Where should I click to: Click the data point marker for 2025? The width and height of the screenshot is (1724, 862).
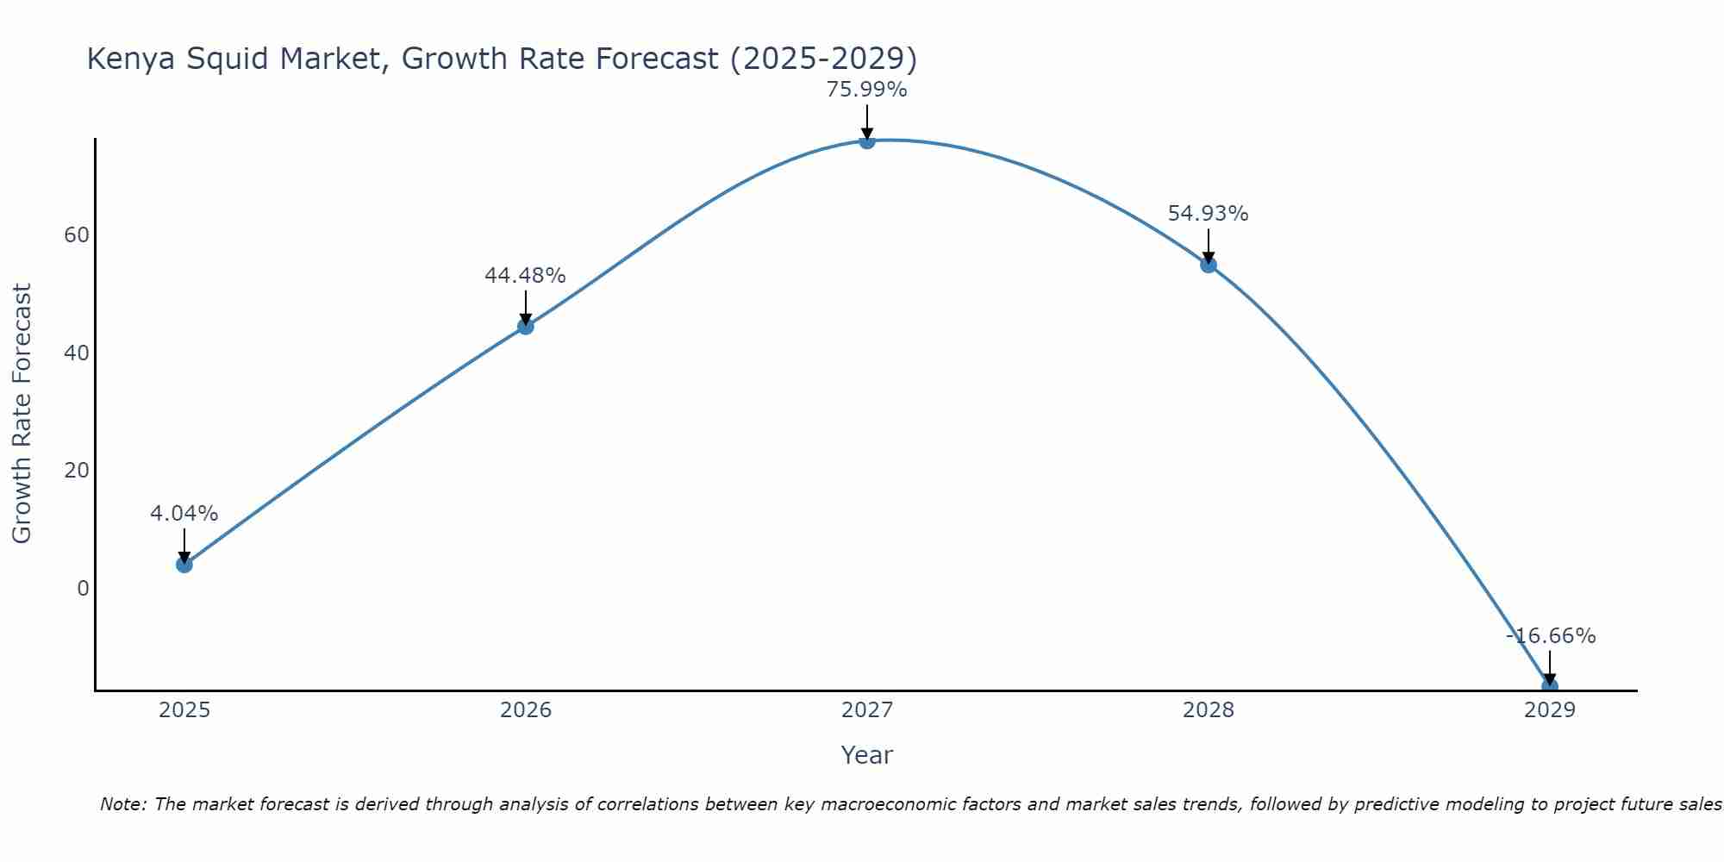pyautogui.click(x=184, y=565)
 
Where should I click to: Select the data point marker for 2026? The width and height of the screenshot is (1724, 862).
pyautogui.click(x=526, y=327)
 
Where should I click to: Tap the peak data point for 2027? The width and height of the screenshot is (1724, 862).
pyautogui.click(x=867, y=141)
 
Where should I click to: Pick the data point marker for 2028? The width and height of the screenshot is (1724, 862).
pyautogui.click(x=1209, y=265)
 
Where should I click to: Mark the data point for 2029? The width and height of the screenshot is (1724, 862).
pyautogui.click(x=1549, y=686)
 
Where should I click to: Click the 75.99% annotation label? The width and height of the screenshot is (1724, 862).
pyautogui.click(x=867, y=90)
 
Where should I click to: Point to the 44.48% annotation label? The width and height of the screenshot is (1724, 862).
pyautogui.click(x=526, y=276)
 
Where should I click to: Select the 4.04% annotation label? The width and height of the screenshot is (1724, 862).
pyautogui.click(x=184, y=514)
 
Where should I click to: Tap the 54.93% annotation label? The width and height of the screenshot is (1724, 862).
pyautogui.click(x=1209, y=214)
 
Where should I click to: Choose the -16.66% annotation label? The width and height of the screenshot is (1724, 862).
pyautogui.click(x=1551, y=636)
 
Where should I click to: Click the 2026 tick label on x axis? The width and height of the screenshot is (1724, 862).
pyautogui.click(x=526, y=710)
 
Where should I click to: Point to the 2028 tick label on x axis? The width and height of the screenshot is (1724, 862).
pyautogui.click(x=1209, y=710)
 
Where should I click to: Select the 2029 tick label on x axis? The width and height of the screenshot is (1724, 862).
pyautogui.click(x=1549, y=710)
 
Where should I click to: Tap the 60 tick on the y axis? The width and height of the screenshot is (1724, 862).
pyautogui.click(x=77, y=235)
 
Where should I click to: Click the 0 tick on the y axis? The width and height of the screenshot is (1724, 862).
pyautogui.click(x=83, y=589)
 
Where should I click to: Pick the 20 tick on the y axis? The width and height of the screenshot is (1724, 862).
pyautogui.click(x=77, y=471)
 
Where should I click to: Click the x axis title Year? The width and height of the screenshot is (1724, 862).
pyautogui.click(x=867, y=755)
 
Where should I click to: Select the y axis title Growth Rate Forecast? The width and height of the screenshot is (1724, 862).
pyautogui.click(x=22, y=414)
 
